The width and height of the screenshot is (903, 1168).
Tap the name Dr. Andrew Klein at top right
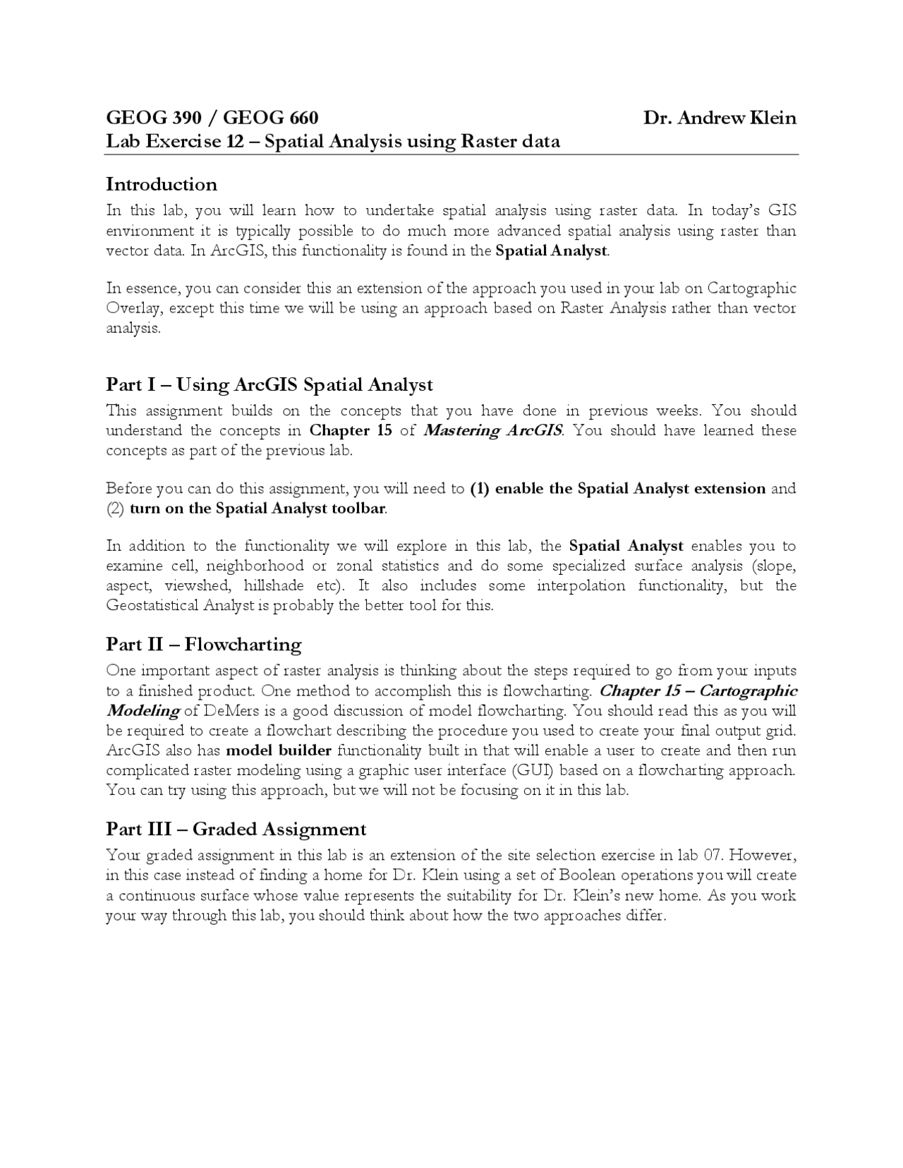pos(720,118)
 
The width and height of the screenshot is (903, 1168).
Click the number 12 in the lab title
pos(235,142)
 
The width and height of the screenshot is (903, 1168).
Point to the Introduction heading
pos(162,185)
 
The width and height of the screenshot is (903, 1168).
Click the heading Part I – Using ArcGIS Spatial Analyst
pos(269,385)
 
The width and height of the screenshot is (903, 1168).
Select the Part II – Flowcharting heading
pos(204,645)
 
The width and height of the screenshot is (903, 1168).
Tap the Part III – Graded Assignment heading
pos(236,829)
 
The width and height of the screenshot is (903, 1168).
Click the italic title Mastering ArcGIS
pos(492,431)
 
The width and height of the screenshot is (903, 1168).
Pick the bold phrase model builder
pos(279,750)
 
